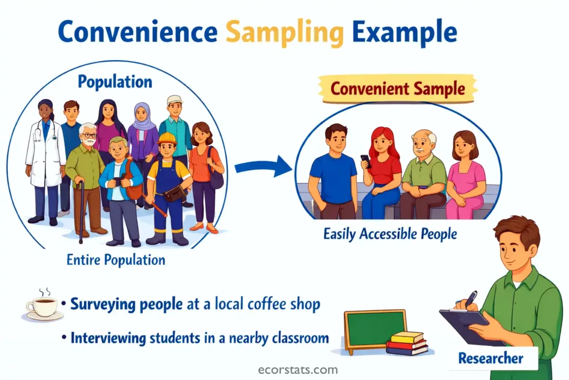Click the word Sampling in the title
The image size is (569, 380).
click(x=285, y=33)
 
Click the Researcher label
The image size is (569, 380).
click(x=490, y=358)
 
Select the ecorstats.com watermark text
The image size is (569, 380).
click(x=284, y=369)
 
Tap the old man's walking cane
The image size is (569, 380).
click(x=82, y=211)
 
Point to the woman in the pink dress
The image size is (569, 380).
click(x=466, y=175)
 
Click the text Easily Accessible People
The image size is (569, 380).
click(x=390, y=234)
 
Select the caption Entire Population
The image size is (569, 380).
click(x=116, y=260)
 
